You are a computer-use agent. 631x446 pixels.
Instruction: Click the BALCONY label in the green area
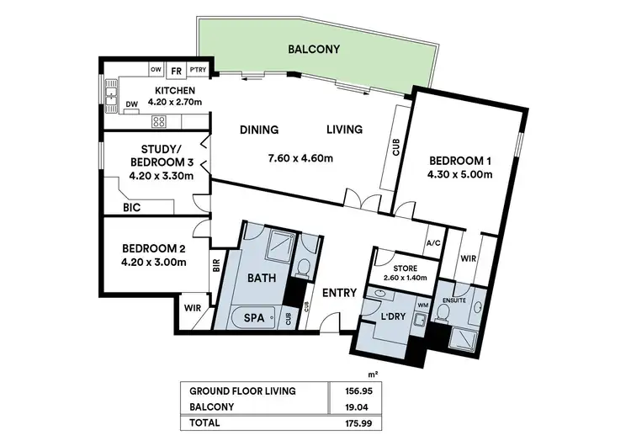(314, 50)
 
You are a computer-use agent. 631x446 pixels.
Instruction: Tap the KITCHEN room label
(175, 91)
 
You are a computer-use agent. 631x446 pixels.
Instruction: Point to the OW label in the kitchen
(156, 70)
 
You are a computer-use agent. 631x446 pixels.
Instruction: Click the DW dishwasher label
(132, 105)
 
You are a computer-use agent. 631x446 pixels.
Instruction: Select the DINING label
(259, 130)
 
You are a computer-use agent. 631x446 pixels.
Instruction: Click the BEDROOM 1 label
(459, 160)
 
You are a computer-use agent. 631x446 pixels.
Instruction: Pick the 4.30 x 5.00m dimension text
(459, 174)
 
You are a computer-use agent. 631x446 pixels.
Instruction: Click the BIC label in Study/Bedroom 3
(131, 205)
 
